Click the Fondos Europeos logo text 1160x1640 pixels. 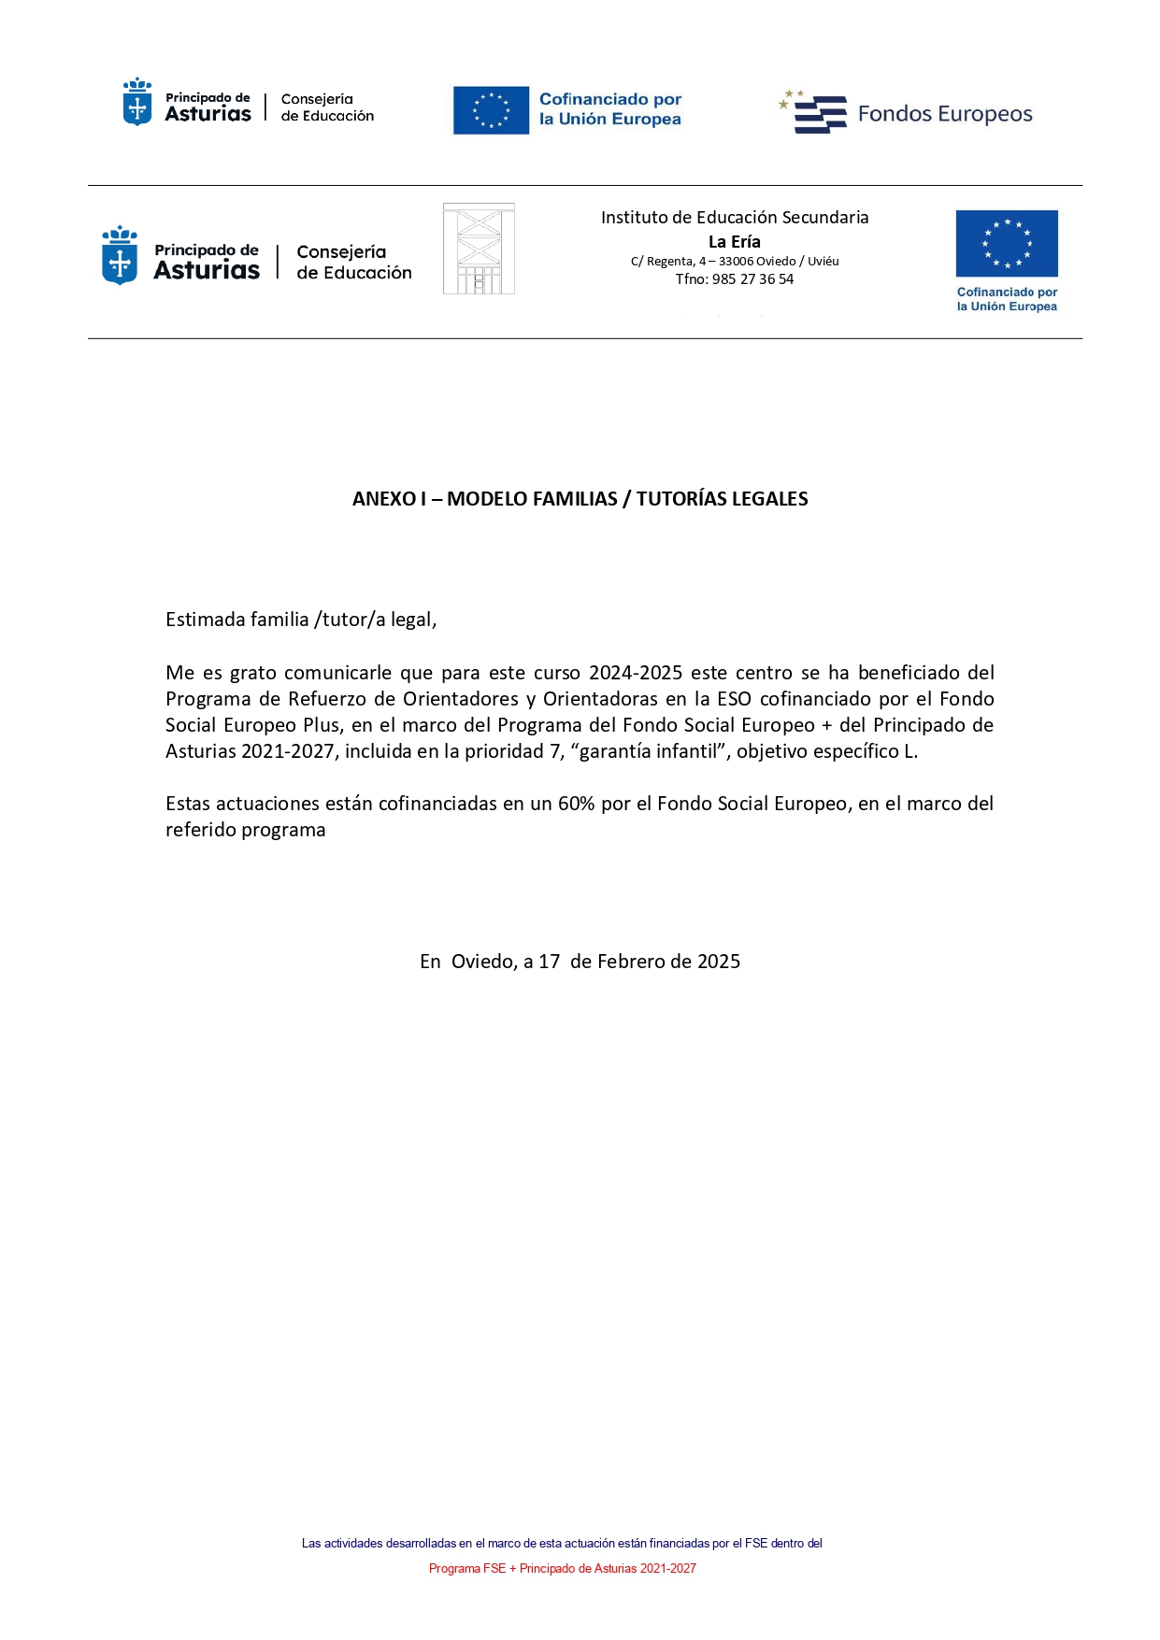944,114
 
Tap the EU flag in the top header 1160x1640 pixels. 491,110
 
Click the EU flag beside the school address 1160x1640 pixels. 1007,244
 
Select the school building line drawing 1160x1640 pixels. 479,250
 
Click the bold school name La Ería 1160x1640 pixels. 735,242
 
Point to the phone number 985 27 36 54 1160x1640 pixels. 752,279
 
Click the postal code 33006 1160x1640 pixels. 736,262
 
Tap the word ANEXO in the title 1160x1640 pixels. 383,499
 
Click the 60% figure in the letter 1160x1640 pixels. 576,804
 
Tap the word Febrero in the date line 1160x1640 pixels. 631,962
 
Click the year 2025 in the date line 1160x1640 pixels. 719,962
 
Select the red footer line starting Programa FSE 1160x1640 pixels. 562,1568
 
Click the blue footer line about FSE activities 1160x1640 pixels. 562,1543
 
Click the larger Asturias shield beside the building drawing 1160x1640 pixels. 120,256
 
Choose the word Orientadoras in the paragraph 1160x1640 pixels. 600,699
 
